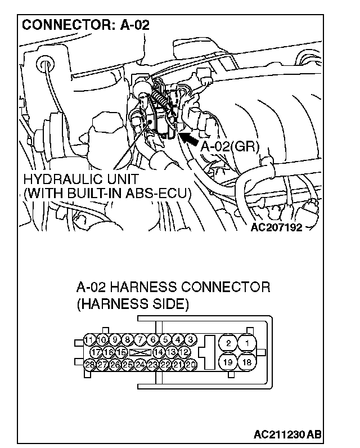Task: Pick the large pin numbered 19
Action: [x=227, y=362]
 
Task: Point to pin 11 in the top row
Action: [x=89, y=339]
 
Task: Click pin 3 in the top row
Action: [x=191, y=339]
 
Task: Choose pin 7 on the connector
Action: [x=140, y=339]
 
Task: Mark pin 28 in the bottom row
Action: [x=89, y=364]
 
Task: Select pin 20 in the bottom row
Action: [x=191, y=364]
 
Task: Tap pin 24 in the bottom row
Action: [x=140, y=364]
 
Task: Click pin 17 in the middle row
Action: [x=96, y=352]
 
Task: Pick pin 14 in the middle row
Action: [x=159, y=352]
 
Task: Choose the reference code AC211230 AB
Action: [x=287, y=434]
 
